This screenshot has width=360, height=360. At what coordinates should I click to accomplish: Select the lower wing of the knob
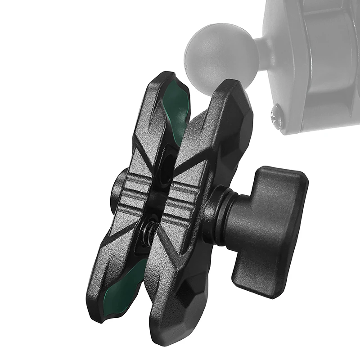[x=252, y=279]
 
